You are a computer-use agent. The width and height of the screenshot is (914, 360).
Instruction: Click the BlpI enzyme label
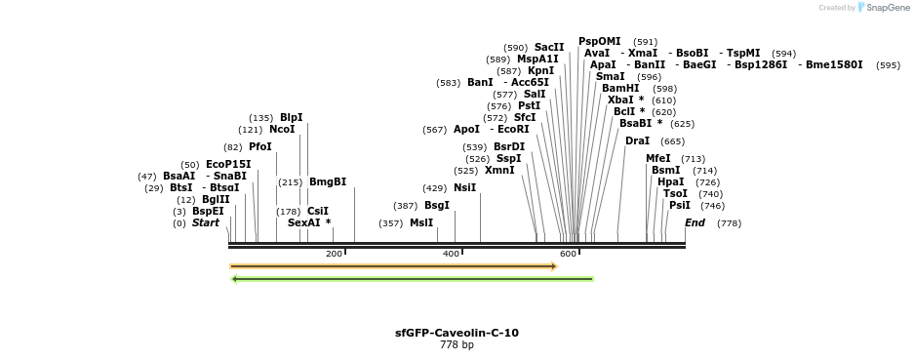(291, 118)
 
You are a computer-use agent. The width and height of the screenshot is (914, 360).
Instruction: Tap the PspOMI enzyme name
(599, 42)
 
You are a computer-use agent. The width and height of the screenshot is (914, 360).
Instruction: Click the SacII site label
(549, 48)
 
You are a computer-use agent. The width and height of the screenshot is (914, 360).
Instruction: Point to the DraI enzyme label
(637, 141)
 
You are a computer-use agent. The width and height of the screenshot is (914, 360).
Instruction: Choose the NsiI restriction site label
(464, 188)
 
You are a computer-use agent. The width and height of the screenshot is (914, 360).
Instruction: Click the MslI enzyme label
(421, 223)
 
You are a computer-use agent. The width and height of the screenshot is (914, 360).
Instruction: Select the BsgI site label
(436, 206)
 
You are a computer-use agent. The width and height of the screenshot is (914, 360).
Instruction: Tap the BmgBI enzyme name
(328, 182)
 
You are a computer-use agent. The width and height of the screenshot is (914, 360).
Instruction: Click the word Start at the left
(205, 223)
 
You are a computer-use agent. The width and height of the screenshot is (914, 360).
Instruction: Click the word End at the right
(695, 223)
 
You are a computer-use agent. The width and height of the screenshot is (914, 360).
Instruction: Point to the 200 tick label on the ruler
(334, 255)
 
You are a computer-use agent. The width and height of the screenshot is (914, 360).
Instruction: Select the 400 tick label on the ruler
(451, 255)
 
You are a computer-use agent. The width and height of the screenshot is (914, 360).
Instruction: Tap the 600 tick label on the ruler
(568, 255)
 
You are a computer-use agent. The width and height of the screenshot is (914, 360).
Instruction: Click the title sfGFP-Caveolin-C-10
(457, 334)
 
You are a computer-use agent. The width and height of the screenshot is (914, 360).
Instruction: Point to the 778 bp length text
(457, 345)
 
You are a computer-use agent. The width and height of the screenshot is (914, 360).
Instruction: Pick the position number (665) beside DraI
(672, 142)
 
